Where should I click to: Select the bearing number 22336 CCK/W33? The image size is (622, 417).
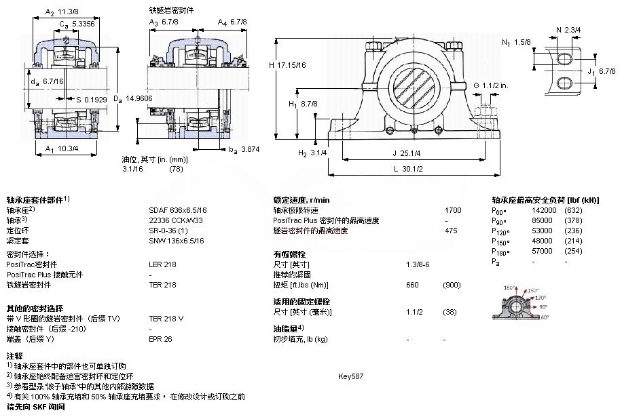(176, 220)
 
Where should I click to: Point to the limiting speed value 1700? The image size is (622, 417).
(453, 210)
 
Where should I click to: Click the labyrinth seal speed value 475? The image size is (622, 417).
(451, 231)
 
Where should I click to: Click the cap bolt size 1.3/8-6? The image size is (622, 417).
(417, 264)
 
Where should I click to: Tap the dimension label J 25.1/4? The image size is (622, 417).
(407, 153)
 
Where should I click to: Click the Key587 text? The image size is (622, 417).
(350, 376)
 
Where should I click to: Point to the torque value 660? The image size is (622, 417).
(412, 285)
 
